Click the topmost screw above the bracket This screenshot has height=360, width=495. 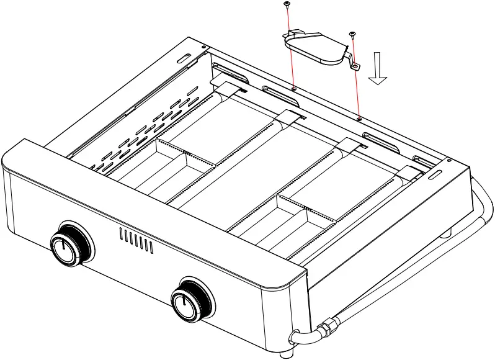click(x=287, y=5)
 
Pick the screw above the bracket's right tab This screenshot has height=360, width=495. click(x=352, y=34)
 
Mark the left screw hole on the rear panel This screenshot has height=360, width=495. click(x=293, y=88)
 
